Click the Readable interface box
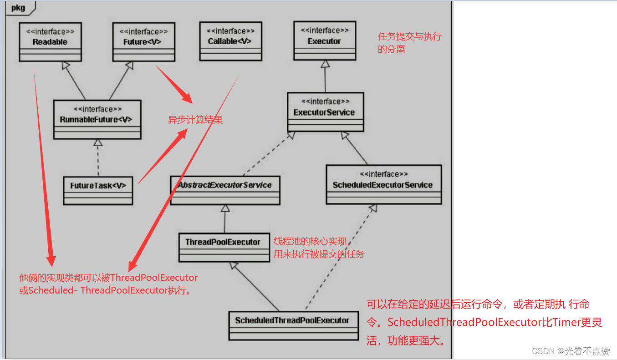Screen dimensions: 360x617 click(50, 42)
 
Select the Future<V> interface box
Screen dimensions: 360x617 click(144, 42)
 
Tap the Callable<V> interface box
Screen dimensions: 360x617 click(230, 41)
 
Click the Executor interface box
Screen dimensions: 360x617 click(325, 41)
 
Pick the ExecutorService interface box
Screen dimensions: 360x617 click(325, 112)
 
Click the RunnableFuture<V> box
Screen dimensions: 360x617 click(97, 119)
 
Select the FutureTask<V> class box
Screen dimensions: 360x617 click(98, 190)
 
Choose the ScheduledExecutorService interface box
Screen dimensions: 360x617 click(383, 184)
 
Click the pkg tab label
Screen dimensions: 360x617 click(18, 7)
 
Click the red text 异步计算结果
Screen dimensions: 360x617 click(195, 120)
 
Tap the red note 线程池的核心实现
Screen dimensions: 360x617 click(310, 241)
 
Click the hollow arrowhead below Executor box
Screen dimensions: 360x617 click(325, 64)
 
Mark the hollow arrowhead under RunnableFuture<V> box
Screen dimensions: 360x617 click(97, 143)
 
